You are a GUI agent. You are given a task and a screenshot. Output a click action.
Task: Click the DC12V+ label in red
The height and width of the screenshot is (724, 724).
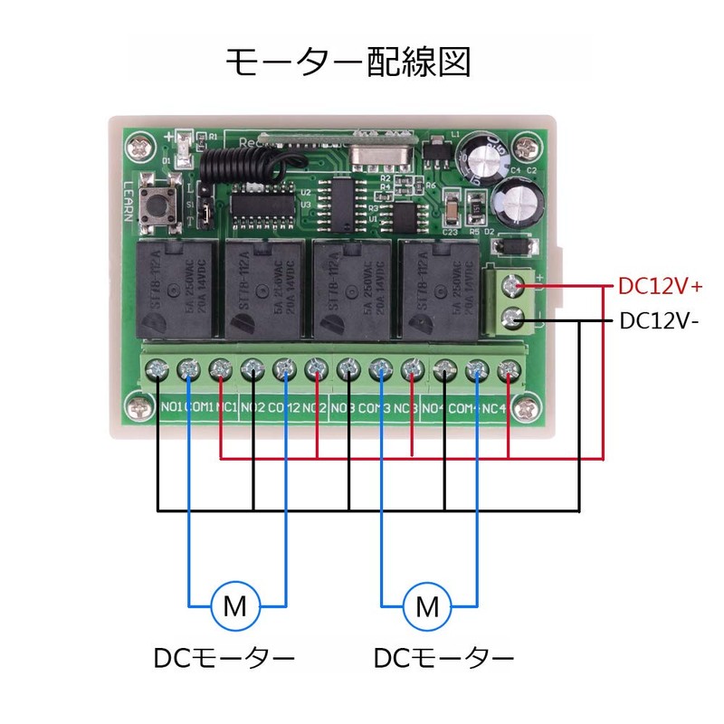pyautogui.click(x=661, y=286)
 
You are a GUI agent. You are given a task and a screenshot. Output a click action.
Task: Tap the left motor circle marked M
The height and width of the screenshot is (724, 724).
pyautogui.click(x=235, y=605)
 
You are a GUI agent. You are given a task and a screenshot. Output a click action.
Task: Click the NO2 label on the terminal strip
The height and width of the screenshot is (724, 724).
pyautogui.click(x=253, y=407)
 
